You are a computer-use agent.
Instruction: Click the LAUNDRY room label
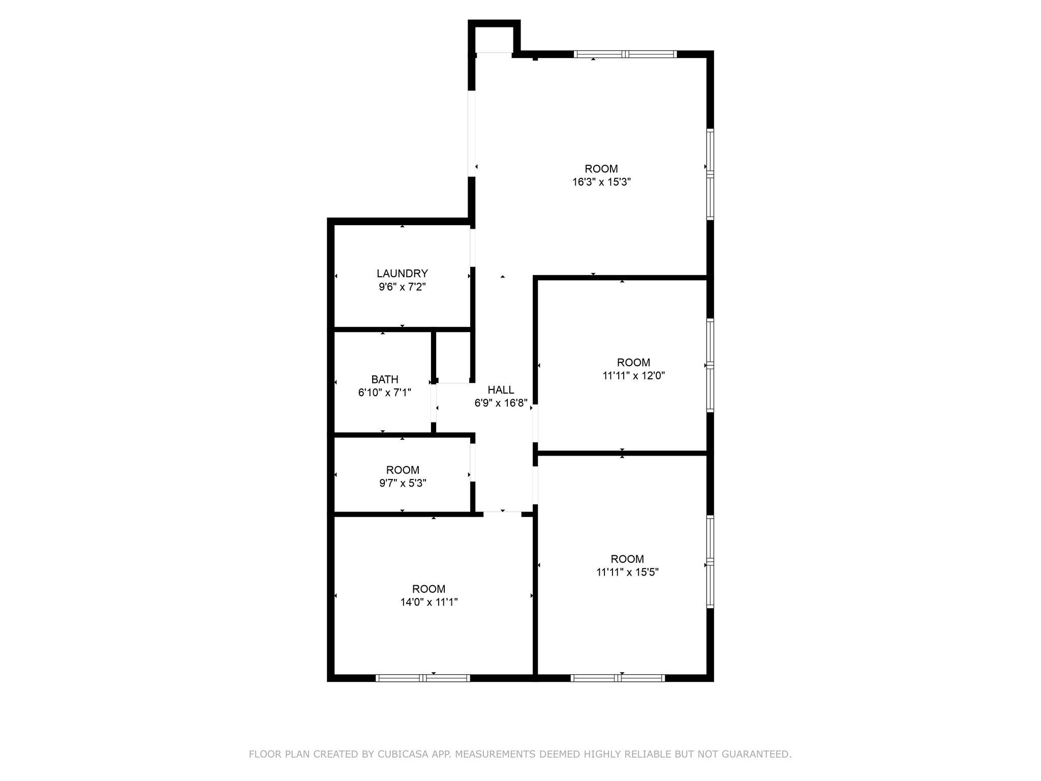click(x=402, y=274)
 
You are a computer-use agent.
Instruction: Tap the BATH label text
click(x=385, y=379)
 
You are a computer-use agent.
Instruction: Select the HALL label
click(x=501, y=390)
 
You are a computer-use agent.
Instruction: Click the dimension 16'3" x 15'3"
click(x=601, y=182)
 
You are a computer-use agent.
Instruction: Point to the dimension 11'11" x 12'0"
click(x=633, y=376)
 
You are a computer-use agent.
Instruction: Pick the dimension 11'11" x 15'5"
click(x=627, y=572)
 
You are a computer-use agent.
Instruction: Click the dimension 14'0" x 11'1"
click(x=429, y=602)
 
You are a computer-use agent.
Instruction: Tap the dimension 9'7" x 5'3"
click(x=403, y=483)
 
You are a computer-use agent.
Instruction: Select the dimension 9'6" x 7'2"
click(x=402, y=287)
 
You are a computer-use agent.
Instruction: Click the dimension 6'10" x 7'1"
click(x=385, y=393)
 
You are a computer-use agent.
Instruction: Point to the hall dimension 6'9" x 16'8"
click(x=501, y=403)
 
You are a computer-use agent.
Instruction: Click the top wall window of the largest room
click(x=625, y=54)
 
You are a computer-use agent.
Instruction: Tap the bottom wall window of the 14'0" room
click(x=422, y=678)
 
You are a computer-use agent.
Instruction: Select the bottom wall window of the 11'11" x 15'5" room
click(x=618, y=678)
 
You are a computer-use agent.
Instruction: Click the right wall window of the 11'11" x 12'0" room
click(x=710, y=365)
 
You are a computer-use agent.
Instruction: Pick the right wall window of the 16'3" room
click(x=710, y=174)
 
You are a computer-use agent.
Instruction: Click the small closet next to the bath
click(x=453, y=356)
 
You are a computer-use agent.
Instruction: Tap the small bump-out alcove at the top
click(x=494, y=39)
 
